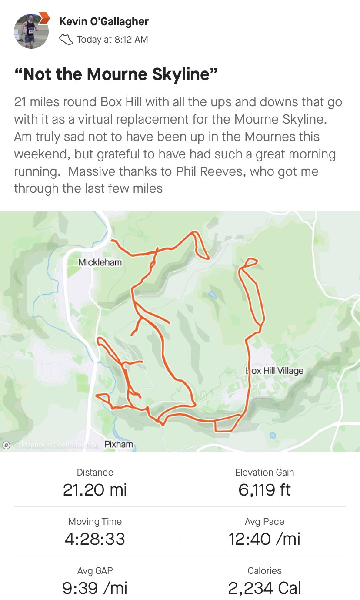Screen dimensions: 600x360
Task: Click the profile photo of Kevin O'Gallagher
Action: click(31, 31)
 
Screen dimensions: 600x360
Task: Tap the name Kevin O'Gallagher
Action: click(103, 21)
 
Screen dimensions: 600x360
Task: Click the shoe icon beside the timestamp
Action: click(66, 40)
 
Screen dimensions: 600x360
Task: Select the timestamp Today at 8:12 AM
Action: click(112, 40)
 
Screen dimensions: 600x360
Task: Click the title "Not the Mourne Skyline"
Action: click(116, 74)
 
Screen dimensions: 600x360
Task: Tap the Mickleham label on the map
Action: click(100, 262)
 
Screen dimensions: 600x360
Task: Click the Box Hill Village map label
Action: click(275, 371)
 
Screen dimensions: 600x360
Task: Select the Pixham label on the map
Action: click(119, 444)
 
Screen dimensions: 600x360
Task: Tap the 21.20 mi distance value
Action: click(95, 490)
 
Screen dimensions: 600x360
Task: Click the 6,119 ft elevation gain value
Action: click(264, 490)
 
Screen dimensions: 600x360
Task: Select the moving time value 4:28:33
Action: click(95, 539)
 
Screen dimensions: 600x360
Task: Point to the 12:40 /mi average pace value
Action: click(264, 539)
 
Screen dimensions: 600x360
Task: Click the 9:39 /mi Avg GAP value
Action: click(95, 588)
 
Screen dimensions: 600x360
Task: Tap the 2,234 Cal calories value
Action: click(264, 588)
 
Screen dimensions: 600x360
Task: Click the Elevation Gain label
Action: click(264, 473)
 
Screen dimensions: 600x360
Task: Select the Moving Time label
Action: click(95, 522)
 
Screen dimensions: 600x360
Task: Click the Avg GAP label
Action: click(95, 571)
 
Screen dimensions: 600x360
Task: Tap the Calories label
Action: click(264, 571)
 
